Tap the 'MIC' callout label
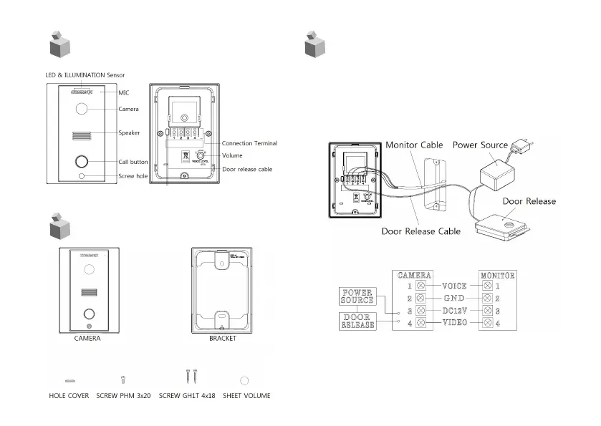[x=124, y=93]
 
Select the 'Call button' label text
[x=133, y=162]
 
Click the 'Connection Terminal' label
[x=249, y=143]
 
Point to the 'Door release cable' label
[x=247, y=169]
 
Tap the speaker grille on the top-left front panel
[x=82, y=135]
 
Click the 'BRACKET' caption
[x=222, y=339]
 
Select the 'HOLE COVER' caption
[x=69, y=395]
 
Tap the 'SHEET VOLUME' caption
[x=246, y=395]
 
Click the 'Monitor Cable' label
[x=415, y=145]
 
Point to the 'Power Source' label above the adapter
[x=480, y=145]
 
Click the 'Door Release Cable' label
[x=420, y=231]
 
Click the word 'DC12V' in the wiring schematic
[x=456, y=311]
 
